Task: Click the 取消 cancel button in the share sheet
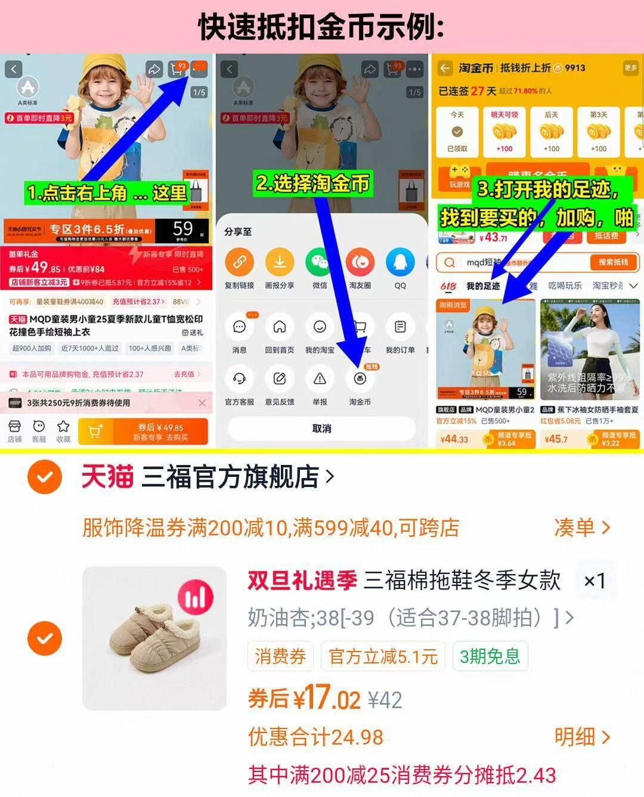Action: point(321,429)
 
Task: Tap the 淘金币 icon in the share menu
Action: point(360,379)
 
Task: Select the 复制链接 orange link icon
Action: point(239,262)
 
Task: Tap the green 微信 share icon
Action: point(320,262)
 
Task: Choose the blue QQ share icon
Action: point(400,262)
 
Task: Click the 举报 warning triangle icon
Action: point(320,379)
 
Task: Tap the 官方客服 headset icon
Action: point(239,379)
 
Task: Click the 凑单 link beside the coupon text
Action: point(581,528)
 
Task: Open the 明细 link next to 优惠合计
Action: point(581,737)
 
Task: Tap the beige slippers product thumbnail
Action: point(154,638)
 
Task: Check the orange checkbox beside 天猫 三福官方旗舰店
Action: point(45,477)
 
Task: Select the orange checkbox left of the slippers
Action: point(45,638)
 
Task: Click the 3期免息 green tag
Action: point(490,656)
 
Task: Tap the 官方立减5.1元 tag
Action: point(383,656)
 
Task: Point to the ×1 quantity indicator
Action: point(594,581)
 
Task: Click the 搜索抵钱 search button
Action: point(614,262)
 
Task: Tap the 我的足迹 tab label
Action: point(483,286)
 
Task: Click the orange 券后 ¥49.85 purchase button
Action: point(160,432)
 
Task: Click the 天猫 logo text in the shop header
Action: point(107,477)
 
